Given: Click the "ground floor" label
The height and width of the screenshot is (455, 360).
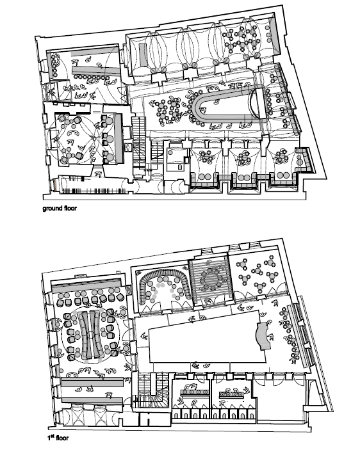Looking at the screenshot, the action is pyautogui.click(x=60, y=208).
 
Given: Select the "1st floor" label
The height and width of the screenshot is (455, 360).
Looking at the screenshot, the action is pyautogui.click(x=58, y=437).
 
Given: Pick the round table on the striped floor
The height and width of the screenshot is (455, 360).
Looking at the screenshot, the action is pyautogui.click(x=211, y=279).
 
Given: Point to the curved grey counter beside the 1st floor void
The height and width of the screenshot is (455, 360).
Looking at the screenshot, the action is pyautogui.click(x=264, y=335).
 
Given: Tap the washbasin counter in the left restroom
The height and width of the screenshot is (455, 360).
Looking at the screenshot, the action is pyautogui.click(x=195, y=392).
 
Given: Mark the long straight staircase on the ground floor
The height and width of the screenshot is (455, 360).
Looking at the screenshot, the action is pyautogui.click(x=139, y=143).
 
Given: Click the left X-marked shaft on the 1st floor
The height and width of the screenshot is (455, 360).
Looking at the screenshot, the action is pyautogui.click(x=74, y=416).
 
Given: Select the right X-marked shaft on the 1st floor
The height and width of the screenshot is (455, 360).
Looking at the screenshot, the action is pyautogui.click(x=100, y=416).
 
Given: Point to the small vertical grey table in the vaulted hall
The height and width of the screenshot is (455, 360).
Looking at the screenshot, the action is pyautogui.click(x=142, y=55).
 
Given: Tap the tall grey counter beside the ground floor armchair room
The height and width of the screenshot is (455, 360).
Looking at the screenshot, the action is pyautogui.click(x=119, y=138).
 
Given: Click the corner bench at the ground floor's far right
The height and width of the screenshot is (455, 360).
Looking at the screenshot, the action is pyautogui.click(x=304, y=160).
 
